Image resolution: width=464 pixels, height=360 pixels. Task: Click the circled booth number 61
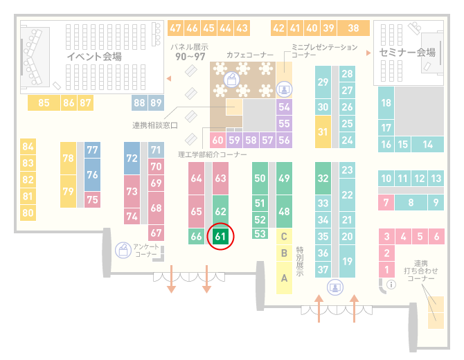tap(220, 236)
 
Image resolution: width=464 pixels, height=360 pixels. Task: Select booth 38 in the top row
tap(353, 28)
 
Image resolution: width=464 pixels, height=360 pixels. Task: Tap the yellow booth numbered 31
tap(323, 132)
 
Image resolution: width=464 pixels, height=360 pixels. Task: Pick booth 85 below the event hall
tap(44, 102)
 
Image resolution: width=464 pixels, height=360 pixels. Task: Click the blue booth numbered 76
tap(92, 174)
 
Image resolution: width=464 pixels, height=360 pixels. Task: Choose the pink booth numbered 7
tap(386, 203)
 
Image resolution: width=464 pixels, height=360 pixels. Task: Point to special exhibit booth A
tap(284, 278)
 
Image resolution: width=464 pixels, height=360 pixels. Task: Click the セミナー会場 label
tap(407, 53)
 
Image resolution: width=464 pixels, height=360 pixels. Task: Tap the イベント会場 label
tap(94, 56)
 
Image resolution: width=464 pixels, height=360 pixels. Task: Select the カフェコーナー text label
tap(250, 55)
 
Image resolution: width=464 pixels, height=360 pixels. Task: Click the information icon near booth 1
tap(391, 285)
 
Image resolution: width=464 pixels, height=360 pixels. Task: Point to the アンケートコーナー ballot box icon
tap(123, 250)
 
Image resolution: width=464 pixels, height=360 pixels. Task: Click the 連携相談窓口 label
tap(154, 125)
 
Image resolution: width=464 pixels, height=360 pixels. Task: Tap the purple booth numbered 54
tap(284, 107)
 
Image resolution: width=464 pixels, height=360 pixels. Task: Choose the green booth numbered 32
tap(323, 178)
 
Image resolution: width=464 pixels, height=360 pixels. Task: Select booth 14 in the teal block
tap(427, 145)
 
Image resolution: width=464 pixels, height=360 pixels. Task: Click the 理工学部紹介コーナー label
tap(212, 154)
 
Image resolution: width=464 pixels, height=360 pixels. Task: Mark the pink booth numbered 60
tap(217, 140)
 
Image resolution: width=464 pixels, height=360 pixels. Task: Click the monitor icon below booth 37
tap(335, 287)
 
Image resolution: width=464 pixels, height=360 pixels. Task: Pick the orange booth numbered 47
tap(175, 28)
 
